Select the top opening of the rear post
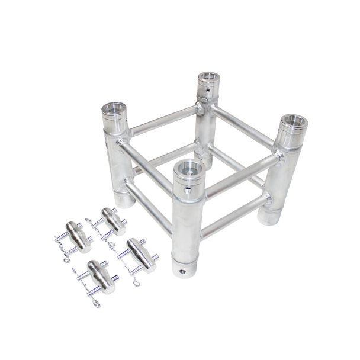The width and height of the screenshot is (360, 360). click(x=208, y=78)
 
